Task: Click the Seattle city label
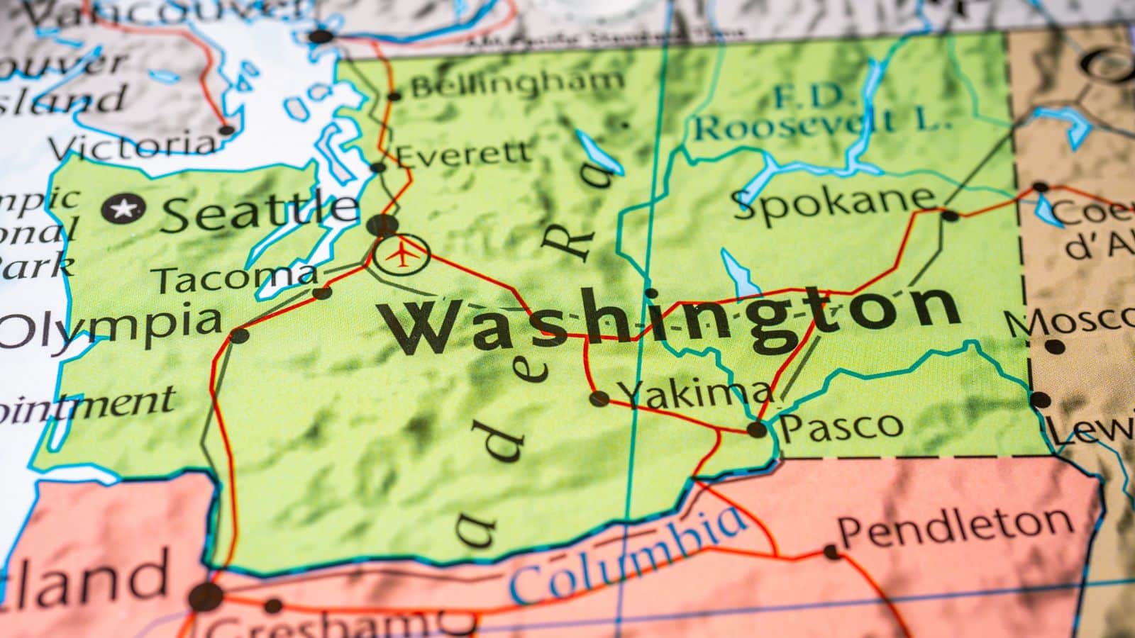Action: click(x=260, y=210)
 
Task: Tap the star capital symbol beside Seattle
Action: click(x=123, y=209)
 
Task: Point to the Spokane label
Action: click(x=834, y=201)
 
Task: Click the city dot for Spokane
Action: click(x=950, y=215)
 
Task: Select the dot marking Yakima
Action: click(x=599, y=398)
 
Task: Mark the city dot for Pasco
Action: click(x=757, y=429)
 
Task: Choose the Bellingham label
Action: click(x=517, y=84)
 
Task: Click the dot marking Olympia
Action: click(x=240, y=335)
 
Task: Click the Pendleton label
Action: click(x=955, y=525)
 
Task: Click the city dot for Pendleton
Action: click(x=832, y=552)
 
